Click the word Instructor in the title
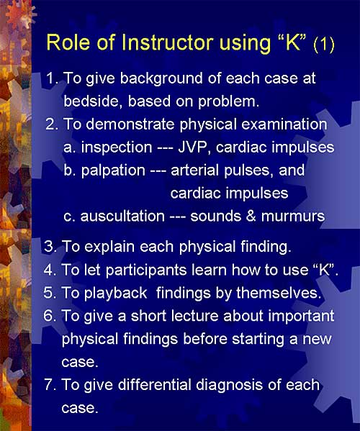click(x=167, y=42)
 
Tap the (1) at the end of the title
click(x=324, y=45)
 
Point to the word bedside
click(x=93, y=101)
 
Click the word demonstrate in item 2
click(x=130, y=124)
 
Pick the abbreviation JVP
click(x=194, y=148)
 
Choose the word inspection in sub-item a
click(x=117, y=148)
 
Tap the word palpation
click(x=113, y=171)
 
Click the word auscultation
click(x=122, y=217)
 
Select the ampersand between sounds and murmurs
click(x=251, y=217)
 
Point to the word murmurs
click(x=293, y=217)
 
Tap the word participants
click(x=146, y=271)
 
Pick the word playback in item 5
click(x=115, y=294)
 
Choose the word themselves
click(x=279, y=293)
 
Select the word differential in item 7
click(x=155, y=385)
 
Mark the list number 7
click(x=50, y=385)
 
